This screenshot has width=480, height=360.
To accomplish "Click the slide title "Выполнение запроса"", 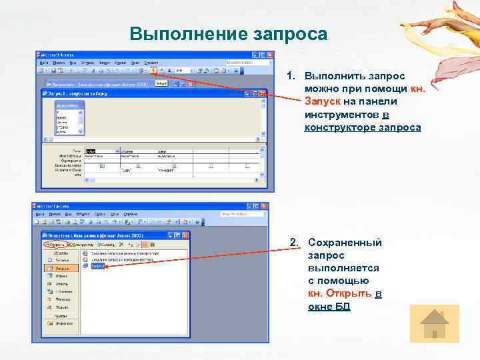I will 229,34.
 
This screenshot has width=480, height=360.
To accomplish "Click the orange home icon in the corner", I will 435,324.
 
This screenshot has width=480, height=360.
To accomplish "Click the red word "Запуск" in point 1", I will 323,101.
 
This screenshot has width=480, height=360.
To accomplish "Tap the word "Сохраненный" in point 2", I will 345,243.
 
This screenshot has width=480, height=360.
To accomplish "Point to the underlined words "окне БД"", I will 329,306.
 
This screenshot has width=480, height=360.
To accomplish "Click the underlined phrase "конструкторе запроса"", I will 362,127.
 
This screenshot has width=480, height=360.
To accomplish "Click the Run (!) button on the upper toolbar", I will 154,70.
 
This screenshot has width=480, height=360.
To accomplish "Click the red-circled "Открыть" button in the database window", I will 56,245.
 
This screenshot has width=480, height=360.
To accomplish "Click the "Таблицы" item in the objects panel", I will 58,260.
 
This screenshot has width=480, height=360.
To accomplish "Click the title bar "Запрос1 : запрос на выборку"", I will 87,94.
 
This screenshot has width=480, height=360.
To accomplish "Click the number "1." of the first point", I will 291,76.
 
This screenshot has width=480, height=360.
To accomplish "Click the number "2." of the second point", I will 294,243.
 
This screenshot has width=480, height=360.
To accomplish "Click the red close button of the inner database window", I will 185,235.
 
